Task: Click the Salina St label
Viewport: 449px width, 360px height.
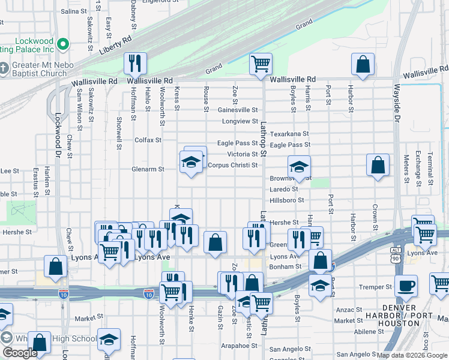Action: (x=74, y=11)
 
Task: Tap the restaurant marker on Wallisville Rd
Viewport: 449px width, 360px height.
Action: (x=135, y=63)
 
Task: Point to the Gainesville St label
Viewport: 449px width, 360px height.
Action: (x=238, y=110)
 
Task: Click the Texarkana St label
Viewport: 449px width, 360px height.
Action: (x=289, y=134)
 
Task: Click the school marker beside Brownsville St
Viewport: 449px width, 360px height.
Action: (x=298, y=167)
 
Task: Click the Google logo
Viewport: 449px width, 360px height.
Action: (x=20, y=353)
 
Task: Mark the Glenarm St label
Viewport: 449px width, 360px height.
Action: (x=148, y=169)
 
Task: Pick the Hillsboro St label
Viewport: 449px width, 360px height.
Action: (x=287, y=200)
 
